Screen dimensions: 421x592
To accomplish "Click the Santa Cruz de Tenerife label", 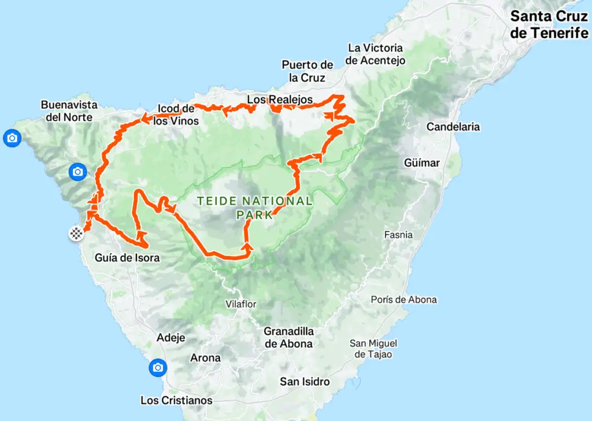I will (x=549, y=24).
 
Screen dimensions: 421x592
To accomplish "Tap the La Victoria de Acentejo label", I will (x=375, y=54).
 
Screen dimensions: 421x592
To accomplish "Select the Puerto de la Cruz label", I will (x=308, y=71).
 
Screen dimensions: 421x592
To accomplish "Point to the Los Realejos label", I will (x=280, y=99).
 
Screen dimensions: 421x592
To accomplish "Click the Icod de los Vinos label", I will (x=177, y=115).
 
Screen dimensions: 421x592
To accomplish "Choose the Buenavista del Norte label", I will (x=69, y=111).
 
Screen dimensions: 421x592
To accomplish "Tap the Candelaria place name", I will (x=453, y=126).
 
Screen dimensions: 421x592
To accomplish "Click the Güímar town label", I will (x=421, y=163).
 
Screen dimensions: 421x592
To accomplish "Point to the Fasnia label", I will (x=399, y=234).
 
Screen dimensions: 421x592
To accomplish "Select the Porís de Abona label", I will (x=404, y=300).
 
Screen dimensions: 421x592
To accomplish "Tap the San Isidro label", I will (x=305, y=381).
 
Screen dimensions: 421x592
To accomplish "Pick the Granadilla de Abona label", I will (x=288, y=337).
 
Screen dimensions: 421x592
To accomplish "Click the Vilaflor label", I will (x=241, y=304).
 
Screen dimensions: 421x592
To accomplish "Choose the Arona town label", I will (x=205, y=357).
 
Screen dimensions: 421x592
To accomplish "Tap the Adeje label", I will (x=171, y=338).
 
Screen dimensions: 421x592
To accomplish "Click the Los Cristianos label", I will (x=176, y=400).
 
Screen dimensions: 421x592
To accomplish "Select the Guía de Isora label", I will (x=127, y=258).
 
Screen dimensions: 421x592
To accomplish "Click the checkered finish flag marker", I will (x=76, y=234).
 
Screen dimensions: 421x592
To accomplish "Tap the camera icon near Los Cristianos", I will (x=157, y=367).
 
